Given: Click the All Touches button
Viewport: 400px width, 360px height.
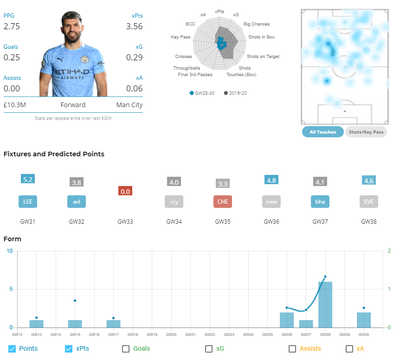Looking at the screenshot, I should pos(323,132).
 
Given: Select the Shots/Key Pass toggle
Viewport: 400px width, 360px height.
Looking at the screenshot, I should pos(366,132).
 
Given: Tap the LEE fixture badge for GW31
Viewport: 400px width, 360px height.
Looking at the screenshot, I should pos(28,202).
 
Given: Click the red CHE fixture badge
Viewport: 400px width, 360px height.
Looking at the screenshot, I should pos(223,202).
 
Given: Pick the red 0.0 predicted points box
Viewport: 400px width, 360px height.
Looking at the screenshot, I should pos(125,191).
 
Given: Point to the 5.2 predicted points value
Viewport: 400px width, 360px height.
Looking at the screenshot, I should pos(28,179).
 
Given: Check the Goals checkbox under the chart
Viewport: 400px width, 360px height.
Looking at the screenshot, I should pos(126,349).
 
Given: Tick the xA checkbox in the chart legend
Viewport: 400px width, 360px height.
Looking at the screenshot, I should pos(349,349).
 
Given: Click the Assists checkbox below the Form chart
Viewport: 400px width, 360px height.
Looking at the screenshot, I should pos(292,349).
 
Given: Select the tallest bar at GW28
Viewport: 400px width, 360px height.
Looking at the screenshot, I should pos(325,304).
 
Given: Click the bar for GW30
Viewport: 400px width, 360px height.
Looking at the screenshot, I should pos(364,320).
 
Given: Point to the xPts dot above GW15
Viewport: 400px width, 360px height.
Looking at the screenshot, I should pos(75,301).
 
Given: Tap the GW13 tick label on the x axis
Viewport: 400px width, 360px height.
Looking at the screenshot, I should pos(36,334).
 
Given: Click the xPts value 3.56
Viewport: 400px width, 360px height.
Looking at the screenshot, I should pos(134,26).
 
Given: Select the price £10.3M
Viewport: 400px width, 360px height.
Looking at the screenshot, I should pos(14,105).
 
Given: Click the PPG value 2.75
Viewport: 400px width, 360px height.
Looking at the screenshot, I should pos(12,26).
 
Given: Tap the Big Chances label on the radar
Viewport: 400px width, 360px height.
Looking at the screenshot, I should pos(257,24).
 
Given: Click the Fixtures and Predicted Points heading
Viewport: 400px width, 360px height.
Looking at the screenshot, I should pos(54,154).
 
